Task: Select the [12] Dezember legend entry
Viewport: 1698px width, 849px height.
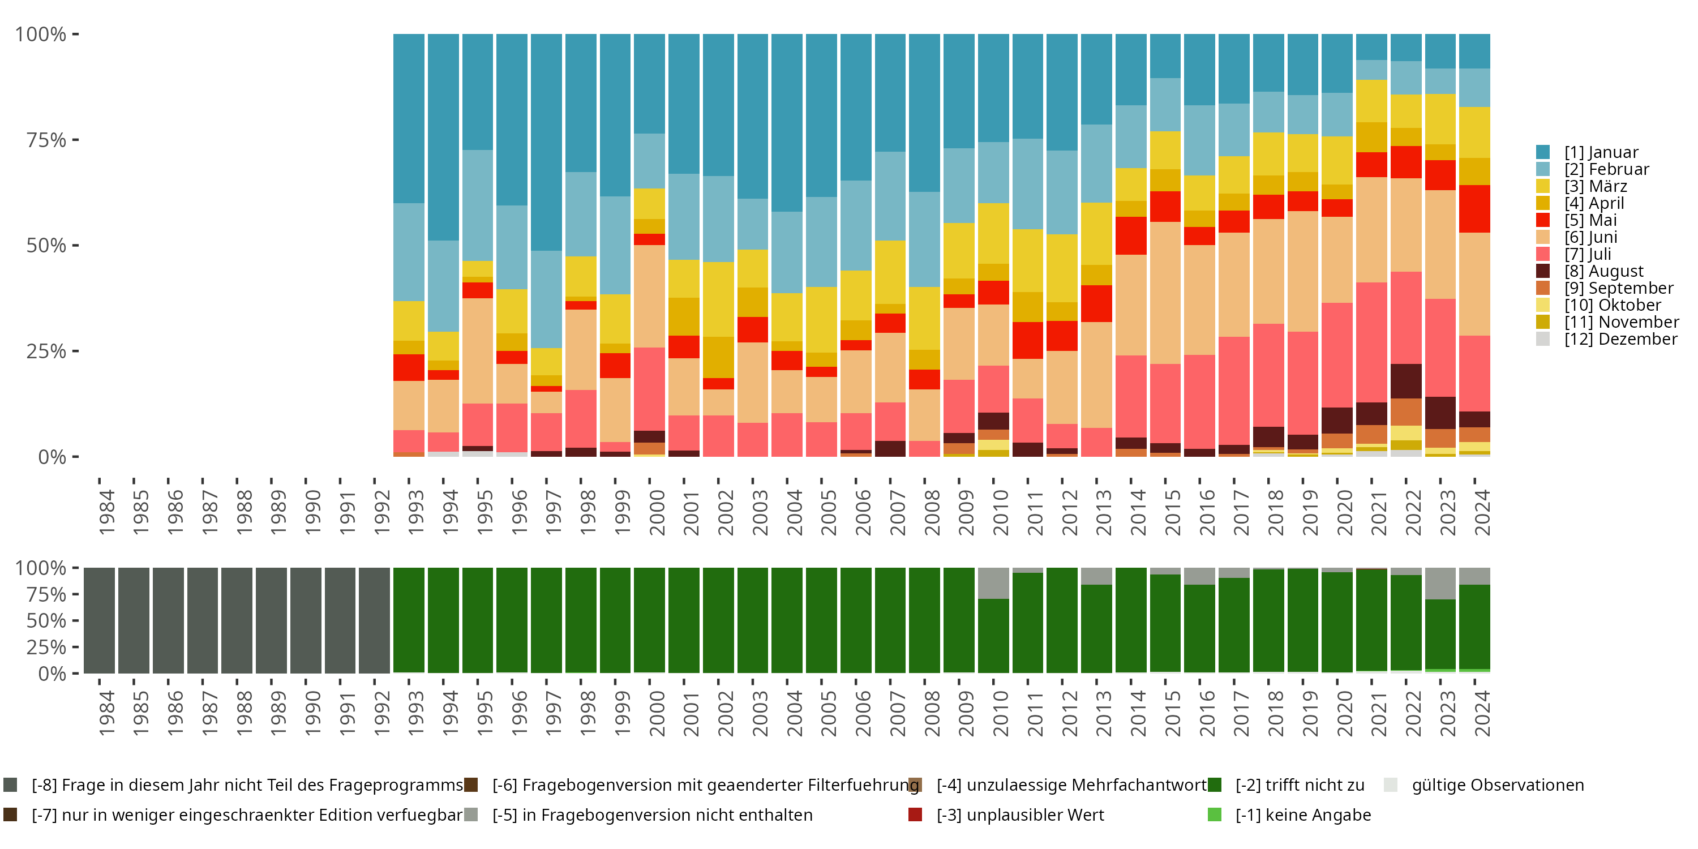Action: pyautogui.click(x=1620, y=339)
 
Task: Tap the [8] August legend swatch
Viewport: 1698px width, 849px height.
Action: pyautogui.click(x=1543, y=271)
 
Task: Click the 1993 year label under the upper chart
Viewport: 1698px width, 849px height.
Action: pyautogui.click(x=416, y=512)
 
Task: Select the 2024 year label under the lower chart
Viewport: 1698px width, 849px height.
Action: pyautogui.click(x=1482, y=714)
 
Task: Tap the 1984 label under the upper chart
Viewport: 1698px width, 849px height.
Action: pyautogui.click(x=107, y=512)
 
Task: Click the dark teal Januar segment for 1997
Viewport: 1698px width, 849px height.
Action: pyautogui.click(x=546, y=141)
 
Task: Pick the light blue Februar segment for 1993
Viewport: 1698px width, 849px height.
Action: pyautogui.click(x=409, y=252)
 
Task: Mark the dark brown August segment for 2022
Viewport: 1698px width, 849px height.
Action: pyautogui.click(x=1406, y=381)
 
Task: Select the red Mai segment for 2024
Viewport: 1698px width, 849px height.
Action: pyautogui.click(x=1474, y=208)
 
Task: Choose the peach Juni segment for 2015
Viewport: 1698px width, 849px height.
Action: pyautogui.click(x=1165, y=293)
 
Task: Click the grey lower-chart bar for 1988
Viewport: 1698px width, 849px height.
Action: pyautogui.click(x=237, y=620)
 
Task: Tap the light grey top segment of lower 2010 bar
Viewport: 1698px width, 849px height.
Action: pyautogui.click(x=993, y=583)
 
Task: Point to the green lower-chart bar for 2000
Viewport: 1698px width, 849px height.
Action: pyautogui.click(x=649, y=620)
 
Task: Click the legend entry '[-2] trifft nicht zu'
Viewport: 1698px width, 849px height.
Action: pyautogui.click(x=1299, y=785)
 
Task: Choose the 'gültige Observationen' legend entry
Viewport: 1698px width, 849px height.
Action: pyautogui.click(x=1497, y=785)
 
